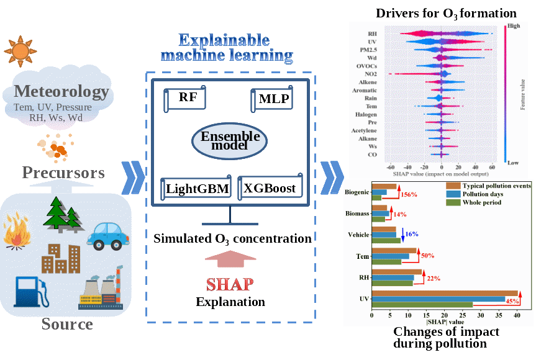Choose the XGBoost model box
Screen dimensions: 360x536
pyautogui.click(x=270, y=187)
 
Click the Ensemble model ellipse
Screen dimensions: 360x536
pyautogui.click(x=229, y=141)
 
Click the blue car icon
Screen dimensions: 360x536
pyautogui.click(x=108, y=234)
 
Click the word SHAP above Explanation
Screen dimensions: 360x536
pyautogui.click(x=230, y=285)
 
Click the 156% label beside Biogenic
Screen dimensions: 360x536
pyautogui.click(x=409, y=195)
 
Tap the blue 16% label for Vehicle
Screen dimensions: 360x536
pyautogui.click(x=412, y=234)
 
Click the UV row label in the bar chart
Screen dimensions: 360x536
pyautogui.click(x=365, y=299)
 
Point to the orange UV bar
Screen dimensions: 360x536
pyautogui.click(x=445, y=294)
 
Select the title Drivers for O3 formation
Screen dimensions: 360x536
pyautogui.click(x=447, y=13)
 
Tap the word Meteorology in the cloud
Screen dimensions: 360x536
pyautogui.click(x=61, y=92)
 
